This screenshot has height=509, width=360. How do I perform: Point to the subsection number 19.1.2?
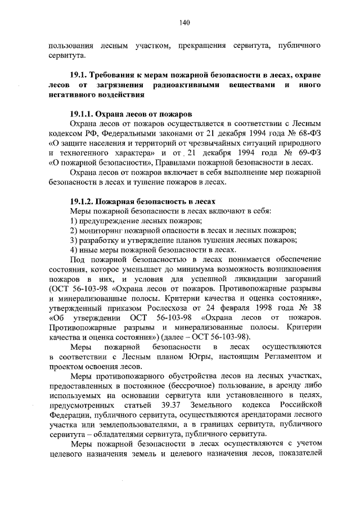click(84, 201)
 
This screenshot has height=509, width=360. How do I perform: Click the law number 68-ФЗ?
click(309, 132)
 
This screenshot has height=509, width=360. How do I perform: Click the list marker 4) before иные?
click(73, 250)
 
